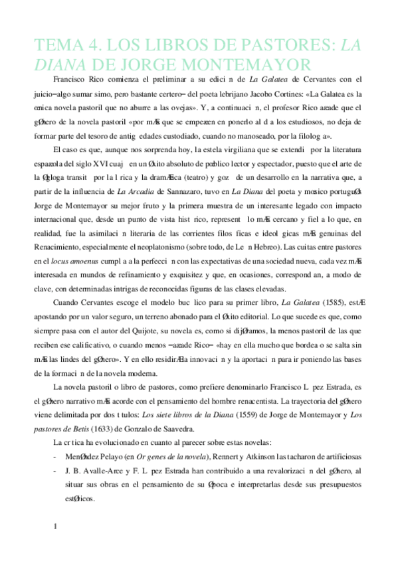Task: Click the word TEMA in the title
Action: tap(56, 45)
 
